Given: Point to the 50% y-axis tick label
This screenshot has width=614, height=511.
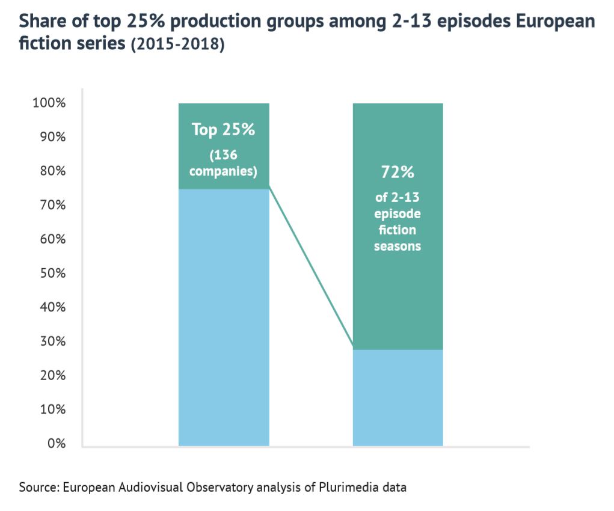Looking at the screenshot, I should tap(51, 273).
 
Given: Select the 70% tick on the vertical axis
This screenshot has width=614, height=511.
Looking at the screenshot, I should tap(51, 205).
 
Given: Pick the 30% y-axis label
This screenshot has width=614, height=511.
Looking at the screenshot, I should tap(51, 341).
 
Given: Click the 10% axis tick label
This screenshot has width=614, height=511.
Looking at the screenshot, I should tap(51, 409).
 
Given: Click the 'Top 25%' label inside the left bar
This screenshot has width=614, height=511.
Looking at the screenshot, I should tap(223, 129).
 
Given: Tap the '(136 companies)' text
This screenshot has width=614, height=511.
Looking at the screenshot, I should tap(223, 164).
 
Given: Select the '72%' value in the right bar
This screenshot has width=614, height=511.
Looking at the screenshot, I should tap(398, 173).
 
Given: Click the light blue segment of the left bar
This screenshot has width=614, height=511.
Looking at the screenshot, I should tap(223, 319).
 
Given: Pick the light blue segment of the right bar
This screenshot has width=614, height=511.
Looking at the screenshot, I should tap(398, 397).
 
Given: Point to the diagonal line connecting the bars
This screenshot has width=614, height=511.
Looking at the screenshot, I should tap(310, 269).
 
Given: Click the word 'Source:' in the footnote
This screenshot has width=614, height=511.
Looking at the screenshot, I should tap(39, 486).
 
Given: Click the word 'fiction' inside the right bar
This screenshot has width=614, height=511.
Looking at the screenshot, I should tap(398, 230).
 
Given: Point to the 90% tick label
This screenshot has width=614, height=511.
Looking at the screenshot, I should tap(51, 137).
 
